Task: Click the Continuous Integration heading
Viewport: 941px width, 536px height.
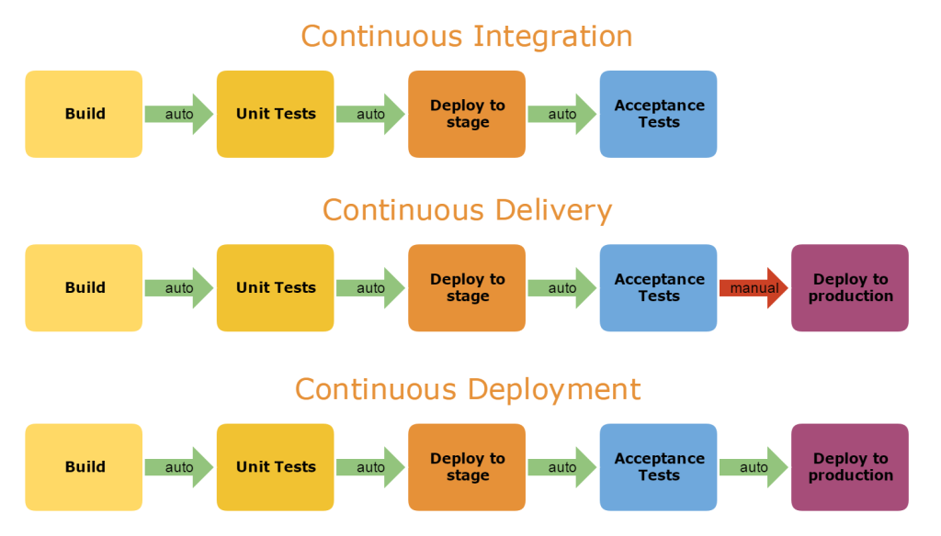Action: coord(467,37)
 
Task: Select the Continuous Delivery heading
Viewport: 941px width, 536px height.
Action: coord(467,210)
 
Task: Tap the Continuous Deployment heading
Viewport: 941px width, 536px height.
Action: coord(467,389)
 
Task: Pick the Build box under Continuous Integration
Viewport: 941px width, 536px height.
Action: coord(84,114)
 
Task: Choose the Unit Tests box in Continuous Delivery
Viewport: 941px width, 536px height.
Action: coord(276,288)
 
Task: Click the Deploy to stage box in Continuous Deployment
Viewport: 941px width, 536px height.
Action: coord(467,467)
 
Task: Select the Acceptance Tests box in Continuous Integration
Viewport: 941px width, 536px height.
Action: coord(658,114)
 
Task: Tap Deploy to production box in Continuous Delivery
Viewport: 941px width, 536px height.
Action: coord(850,288)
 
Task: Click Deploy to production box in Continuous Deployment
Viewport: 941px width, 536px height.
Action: coord(850,467)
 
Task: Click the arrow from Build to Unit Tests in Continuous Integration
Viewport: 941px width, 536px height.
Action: coord(179,114)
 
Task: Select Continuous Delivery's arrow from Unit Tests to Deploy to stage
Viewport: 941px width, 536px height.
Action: coord(370,288)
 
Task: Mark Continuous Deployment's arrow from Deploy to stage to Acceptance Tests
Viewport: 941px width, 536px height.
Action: coord(562,467)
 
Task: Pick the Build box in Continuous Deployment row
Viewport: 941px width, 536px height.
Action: coord(84,467)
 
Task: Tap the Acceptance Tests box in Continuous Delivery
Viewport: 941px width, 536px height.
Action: coord(658,288)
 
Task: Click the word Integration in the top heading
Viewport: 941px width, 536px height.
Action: coord(551,37)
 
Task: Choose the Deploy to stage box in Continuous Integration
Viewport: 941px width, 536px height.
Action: coord(467,114)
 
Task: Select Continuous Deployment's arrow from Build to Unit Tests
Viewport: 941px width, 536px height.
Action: coord(179,467)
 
